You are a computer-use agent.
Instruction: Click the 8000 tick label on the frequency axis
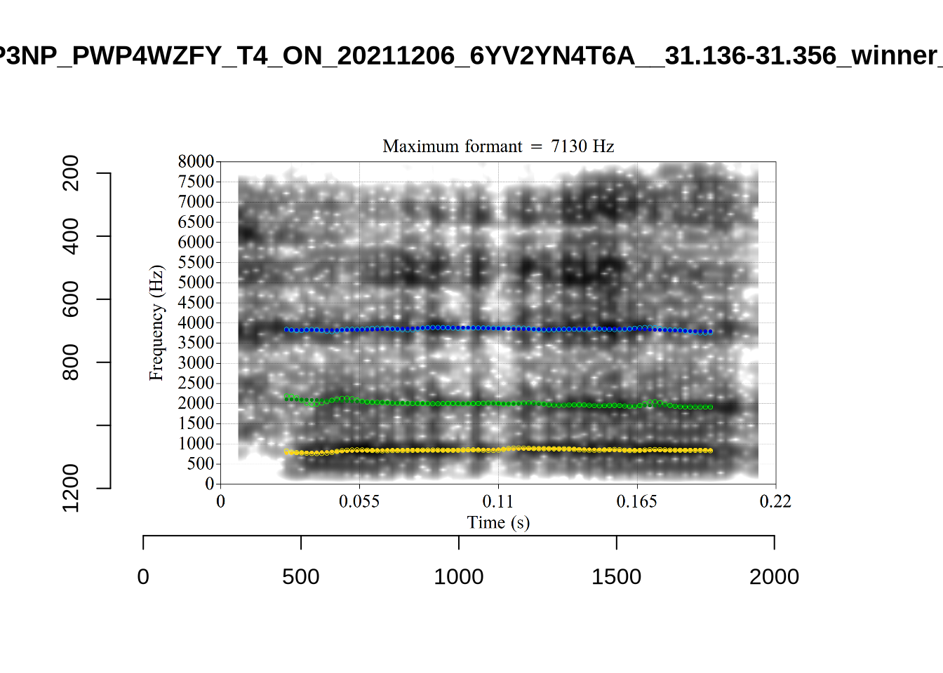(196, 162)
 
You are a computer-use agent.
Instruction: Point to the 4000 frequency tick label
(196, 323)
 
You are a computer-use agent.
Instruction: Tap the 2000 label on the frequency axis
(196, 404)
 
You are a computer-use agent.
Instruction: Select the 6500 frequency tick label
(196, 222)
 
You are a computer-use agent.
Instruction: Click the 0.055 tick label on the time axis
(359, 501)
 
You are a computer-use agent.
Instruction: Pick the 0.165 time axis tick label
(637, 501)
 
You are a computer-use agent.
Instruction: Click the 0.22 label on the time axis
(775, 501)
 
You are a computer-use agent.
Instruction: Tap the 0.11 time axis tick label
(498, 501)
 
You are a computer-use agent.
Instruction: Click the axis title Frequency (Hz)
(156, 323)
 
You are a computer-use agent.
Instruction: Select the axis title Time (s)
(498, 522)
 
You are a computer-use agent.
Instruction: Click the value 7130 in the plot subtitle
(569, 147)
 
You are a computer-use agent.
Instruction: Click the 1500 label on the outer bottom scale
(616, 577)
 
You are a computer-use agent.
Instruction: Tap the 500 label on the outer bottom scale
(301, 577)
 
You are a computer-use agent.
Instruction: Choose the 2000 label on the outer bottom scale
(774, 577)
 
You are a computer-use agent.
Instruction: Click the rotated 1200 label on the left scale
(72, 488)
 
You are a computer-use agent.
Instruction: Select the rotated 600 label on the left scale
(72, 299)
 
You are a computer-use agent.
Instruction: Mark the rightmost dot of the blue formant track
(710, 332)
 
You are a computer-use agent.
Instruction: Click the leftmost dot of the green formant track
(286, 398)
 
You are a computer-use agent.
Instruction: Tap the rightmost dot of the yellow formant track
(710, 451)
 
